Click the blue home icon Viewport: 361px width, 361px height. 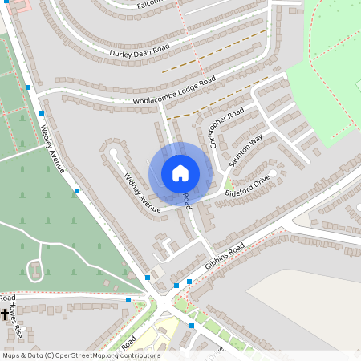[180, 173]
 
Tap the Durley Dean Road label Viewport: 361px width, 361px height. [140, 50]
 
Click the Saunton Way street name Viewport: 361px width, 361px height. [245, 151]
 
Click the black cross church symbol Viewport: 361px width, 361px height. [5, 314]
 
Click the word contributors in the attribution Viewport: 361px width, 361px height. [141, 355]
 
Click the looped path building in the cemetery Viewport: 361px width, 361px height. [35, 270]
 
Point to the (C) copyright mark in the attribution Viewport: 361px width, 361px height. [49, 355]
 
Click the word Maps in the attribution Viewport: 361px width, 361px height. [11, 355]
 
